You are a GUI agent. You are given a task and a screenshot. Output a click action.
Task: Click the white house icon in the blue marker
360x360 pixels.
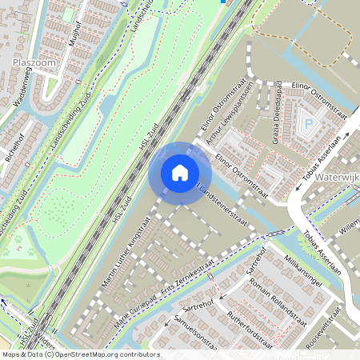click(x=180, y=173)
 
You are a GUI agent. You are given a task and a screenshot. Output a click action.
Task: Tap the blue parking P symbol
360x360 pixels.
click(x=309, y=124)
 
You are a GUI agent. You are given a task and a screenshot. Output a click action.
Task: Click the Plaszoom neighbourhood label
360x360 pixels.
click(x=33, y=62)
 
